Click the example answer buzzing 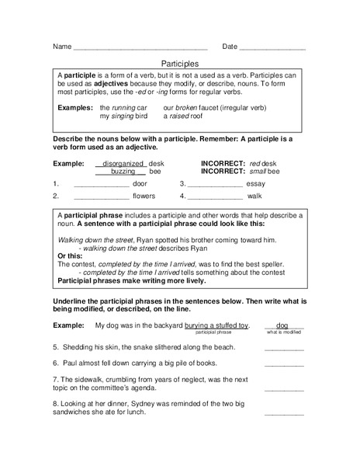pos(123,172)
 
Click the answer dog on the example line pos(282,325)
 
